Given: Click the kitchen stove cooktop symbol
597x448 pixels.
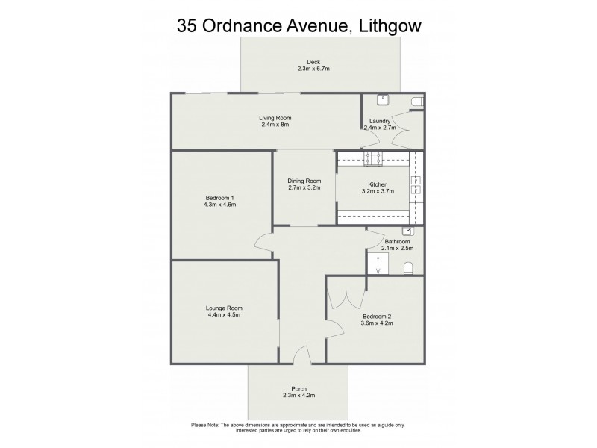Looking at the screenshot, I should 372,157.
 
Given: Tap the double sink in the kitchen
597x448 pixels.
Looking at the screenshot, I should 416,184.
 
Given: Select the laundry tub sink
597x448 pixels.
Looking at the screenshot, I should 382,99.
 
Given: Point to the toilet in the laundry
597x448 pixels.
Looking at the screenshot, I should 418,101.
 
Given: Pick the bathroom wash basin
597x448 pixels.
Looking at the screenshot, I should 407,231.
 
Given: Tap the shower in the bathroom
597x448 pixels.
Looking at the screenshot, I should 378,263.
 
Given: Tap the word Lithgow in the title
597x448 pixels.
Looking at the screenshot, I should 386,27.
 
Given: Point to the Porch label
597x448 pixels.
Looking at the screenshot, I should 298,388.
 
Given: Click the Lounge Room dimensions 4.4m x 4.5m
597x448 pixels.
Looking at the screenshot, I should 224,315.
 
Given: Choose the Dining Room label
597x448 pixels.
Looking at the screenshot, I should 304,181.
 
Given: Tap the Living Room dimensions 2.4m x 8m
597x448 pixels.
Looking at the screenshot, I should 275,125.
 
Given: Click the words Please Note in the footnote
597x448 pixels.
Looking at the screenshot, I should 205,425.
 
